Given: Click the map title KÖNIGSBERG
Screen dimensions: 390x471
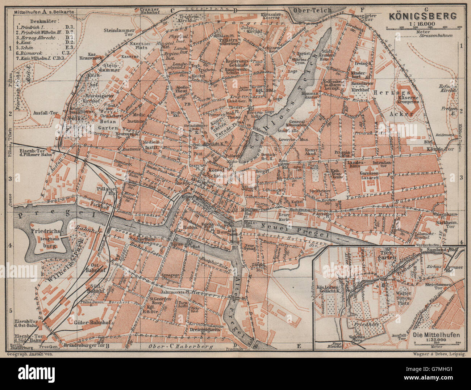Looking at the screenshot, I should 423,16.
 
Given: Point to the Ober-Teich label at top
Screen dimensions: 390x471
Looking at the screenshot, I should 312,10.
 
